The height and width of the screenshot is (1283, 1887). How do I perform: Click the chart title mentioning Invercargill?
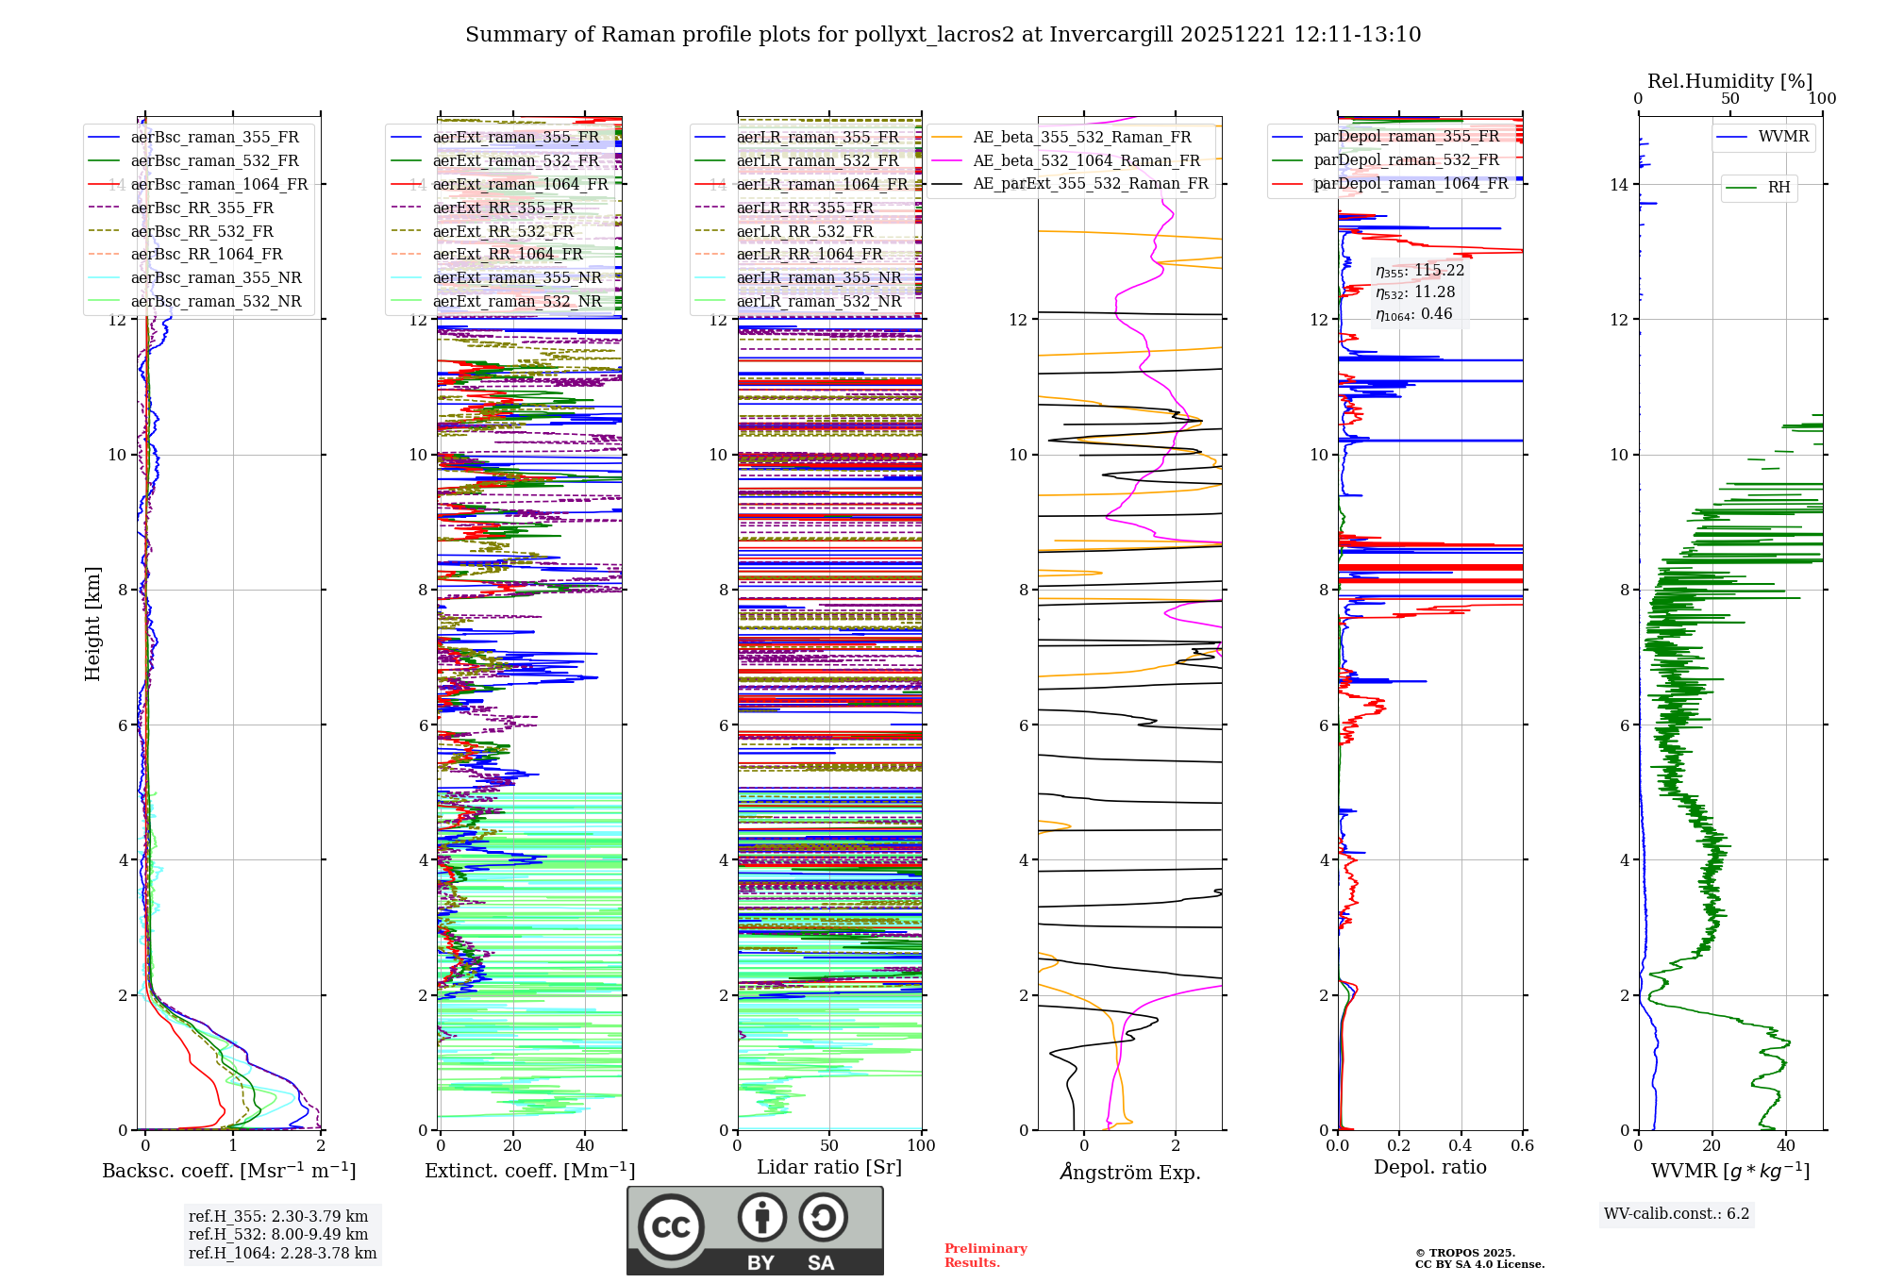tap(943, 35)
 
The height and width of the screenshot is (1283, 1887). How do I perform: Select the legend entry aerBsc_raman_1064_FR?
tap(219, 184)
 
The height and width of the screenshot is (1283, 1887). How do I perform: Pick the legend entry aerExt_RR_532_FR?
tap(503, 231)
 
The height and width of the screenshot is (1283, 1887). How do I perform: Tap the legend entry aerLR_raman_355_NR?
tap(818, 277)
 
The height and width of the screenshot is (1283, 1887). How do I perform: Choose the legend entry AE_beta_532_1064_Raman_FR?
tap(1086, 160)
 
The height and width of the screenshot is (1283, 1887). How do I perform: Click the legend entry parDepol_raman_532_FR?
tap(1406, 160)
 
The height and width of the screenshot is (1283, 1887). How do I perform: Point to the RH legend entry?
tap(1778, 188)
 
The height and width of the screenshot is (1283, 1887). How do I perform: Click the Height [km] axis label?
tap(92, 623)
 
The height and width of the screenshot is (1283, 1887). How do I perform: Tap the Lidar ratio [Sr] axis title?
tap(828, 1167)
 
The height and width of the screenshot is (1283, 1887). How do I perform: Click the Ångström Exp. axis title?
tap(1129, 1172)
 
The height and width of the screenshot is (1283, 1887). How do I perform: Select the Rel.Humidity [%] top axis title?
tap(1729, 81)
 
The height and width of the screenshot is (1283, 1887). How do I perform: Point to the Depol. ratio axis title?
tap(1429, 1167)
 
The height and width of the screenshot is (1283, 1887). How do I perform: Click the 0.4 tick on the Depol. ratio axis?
tap(1461, 1145)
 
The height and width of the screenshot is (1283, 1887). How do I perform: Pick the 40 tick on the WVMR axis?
tap(1785, 1145)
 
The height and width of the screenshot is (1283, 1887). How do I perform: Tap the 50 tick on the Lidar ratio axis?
tap(829, 1145)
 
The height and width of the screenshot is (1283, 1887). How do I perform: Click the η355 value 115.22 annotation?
tap(1420, 271)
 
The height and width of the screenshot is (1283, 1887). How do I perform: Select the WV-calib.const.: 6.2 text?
tap(1676, 1213)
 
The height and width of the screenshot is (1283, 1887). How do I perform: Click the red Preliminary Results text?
tap(985, 1255)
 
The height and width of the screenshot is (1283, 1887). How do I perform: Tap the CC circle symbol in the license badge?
tap(671, 1226)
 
